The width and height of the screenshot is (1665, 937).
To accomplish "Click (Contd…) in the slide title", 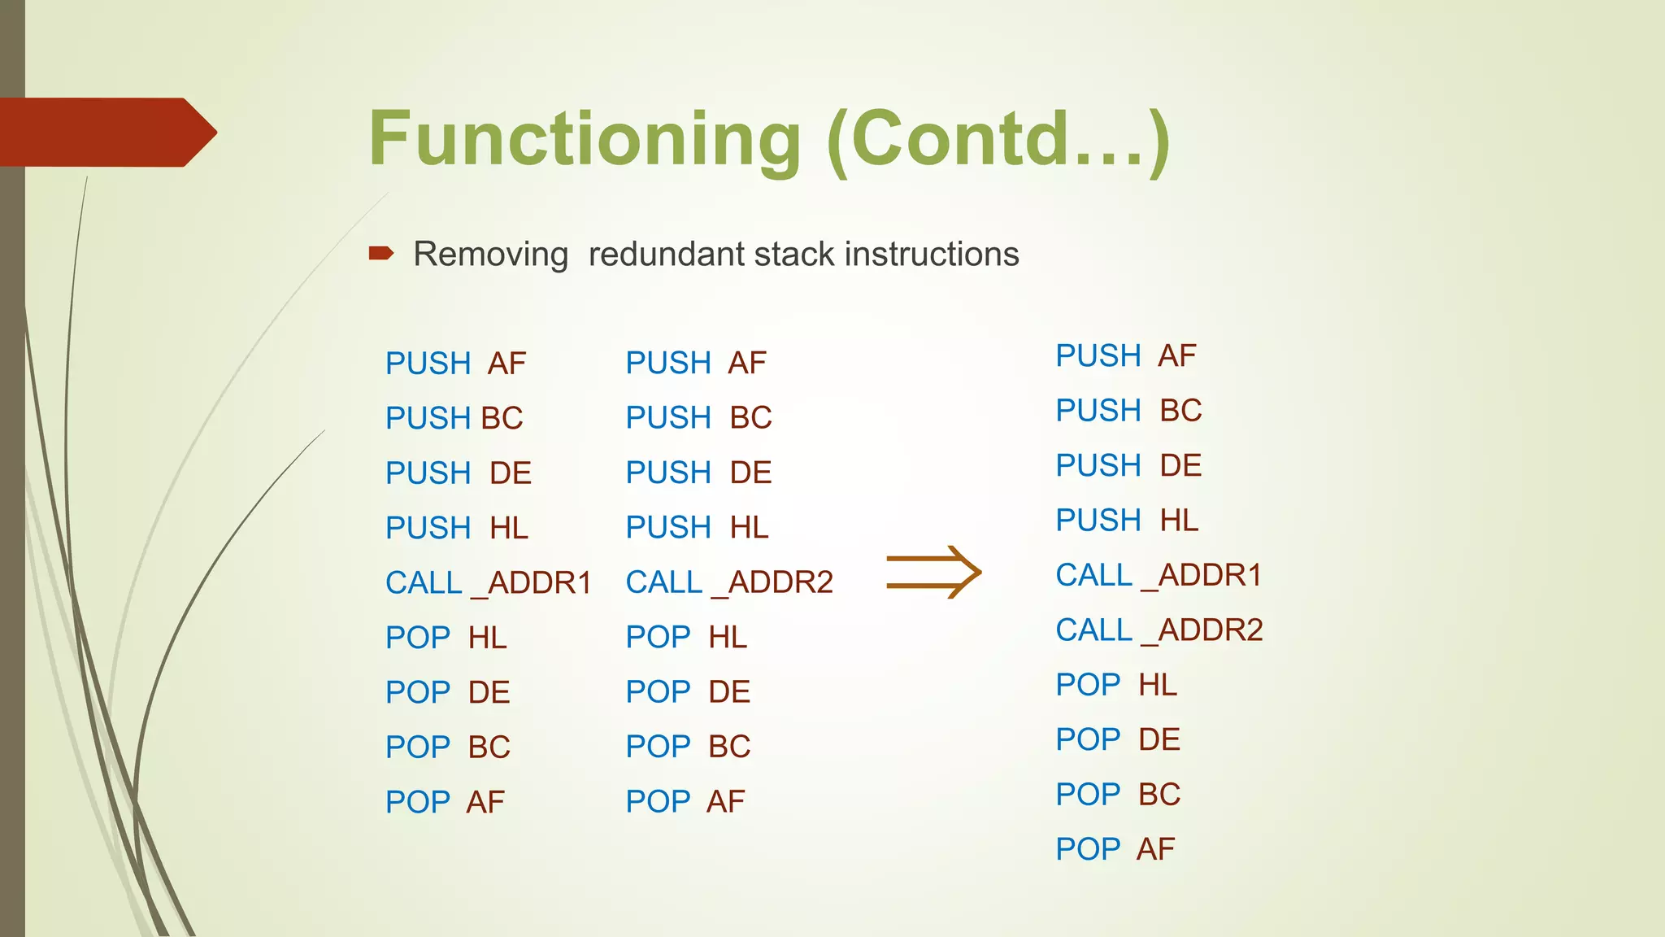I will pos(998,140).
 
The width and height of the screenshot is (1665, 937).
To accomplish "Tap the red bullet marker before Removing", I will pos(380,254).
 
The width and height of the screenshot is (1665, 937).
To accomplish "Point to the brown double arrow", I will pos(933,573).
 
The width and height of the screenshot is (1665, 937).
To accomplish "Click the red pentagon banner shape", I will pos(106,133).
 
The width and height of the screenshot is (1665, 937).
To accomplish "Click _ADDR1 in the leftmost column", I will pos(532,583).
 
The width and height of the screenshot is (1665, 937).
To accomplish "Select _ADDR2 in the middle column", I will pos(772,582).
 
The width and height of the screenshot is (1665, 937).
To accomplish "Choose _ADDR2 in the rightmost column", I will pos(1202,630).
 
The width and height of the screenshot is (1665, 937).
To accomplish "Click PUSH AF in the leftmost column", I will pos(455,364).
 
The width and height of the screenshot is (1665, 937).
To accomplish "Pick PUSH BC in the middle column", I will pos(698,418).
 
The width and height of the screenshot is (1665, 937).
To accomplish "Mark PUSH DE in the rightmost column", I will pos(1128,465).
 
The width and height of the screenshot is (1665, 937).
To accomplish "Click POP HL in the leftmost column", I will pos(446,638).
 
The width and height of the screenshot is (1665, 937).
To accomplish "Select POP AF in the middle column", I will pos(685,802).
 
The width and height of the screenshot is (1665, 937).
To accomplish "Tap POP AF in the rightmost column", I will pos(1115,849).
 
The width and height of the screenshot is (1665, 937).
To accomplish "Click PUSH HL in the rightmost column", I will pos(1126,521).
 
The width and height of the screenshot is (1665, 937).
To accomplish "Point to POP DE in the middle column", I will pos(687,692).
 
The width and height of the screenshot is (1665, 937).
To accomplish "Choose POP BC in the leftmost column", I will pos(447,747).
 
